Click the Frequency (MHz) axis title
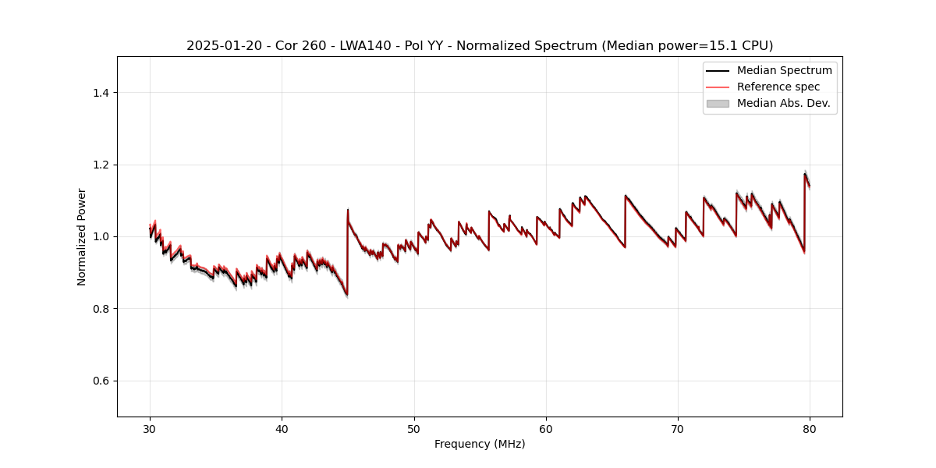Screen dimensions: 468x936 (480, 444)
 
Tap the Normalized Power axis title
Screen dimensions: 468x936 (82, 236)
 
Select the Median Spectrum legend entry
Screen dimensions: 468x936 (784, 70)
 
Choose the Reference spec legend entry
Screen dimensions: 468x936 (778, 87)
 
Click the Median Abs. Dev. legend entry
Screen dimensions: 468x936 (783, 103)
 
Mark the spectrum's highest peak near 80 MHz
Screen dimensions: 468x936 (805, 174)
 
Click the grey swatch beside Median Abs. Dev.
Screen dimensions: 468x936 (718, 103)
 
